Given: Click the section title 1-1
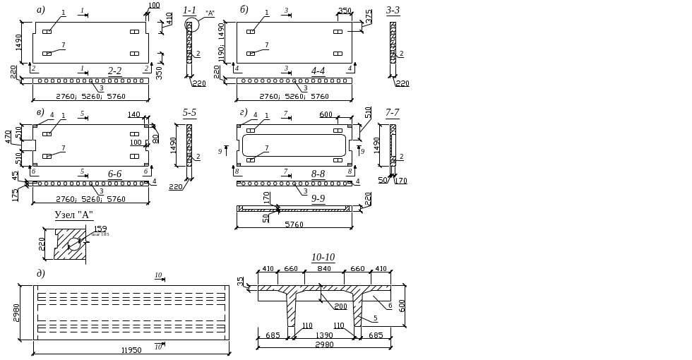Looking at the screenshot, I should click(x=189, y=11).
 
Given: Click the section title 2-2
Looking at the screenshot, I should click(x=114, y=70).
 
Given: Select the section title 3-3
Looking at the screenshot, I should click(x=393, y=11).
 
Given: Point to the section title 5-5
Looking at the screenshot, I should click(x=189, y=112).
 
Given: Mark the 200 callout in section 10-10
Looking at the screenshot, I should click(x=340, y=306).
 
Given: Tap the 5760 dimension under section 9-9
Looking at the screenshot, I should click(x=294, y=225).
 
